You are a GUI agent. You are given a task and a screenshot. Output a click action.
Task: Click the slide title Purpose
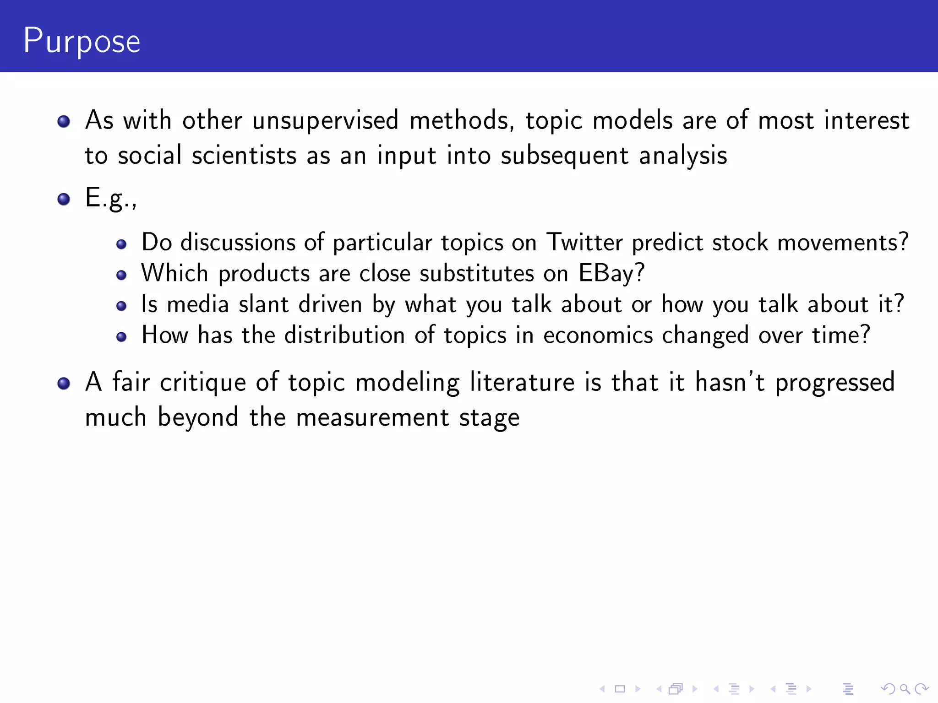(82, 41)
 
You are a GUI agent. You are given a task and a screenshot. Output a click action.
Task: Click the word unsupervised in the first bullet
(325, 121)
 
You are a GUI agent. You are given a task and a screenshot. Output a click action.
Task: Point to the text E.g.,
(111, 199)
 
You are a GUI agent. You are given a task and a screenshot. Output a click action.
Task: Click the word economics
(598, 335)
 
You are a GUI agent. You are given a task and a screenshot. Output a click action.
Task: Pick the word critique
(202, 383)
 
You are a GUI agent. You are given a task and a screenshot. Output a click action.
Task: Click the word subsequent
(564, 156)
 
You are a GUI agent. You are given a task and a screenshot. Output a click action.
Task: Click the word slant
(264, 304)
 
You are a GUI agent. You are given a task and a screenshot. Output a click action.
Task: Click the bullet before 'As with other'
(64, 121)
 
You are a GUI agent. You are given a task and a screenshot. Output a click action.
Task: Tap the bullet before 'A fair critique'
(64, 383)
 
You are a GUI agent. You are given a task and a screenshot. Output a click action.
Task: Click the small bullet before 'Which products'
(121, 275)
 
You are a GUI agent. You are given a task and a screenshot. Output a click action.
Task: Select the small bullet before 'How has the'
(121, 337)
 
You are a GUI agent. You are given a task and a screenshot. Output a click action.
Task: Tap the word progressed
(834, 383)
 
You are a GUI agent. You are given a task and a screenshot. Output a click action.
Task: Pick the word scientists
(244, 156)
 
